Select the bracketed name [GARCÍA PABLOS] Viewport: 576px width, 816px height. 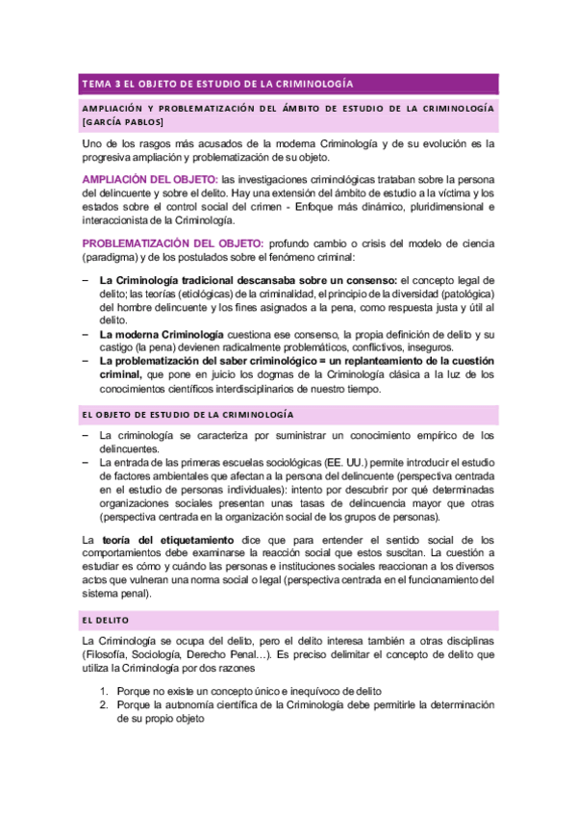[x=124, y=122]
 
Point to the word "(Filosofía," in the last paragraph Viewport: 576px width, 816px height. [x=113, y=656]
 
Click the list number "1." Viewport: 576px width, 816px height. [x=106, y=692]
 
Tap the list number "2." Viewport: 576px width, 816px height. [x=106, y=705]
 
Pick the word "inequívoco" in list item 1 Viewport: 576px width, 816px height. [x=301, y=692]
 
